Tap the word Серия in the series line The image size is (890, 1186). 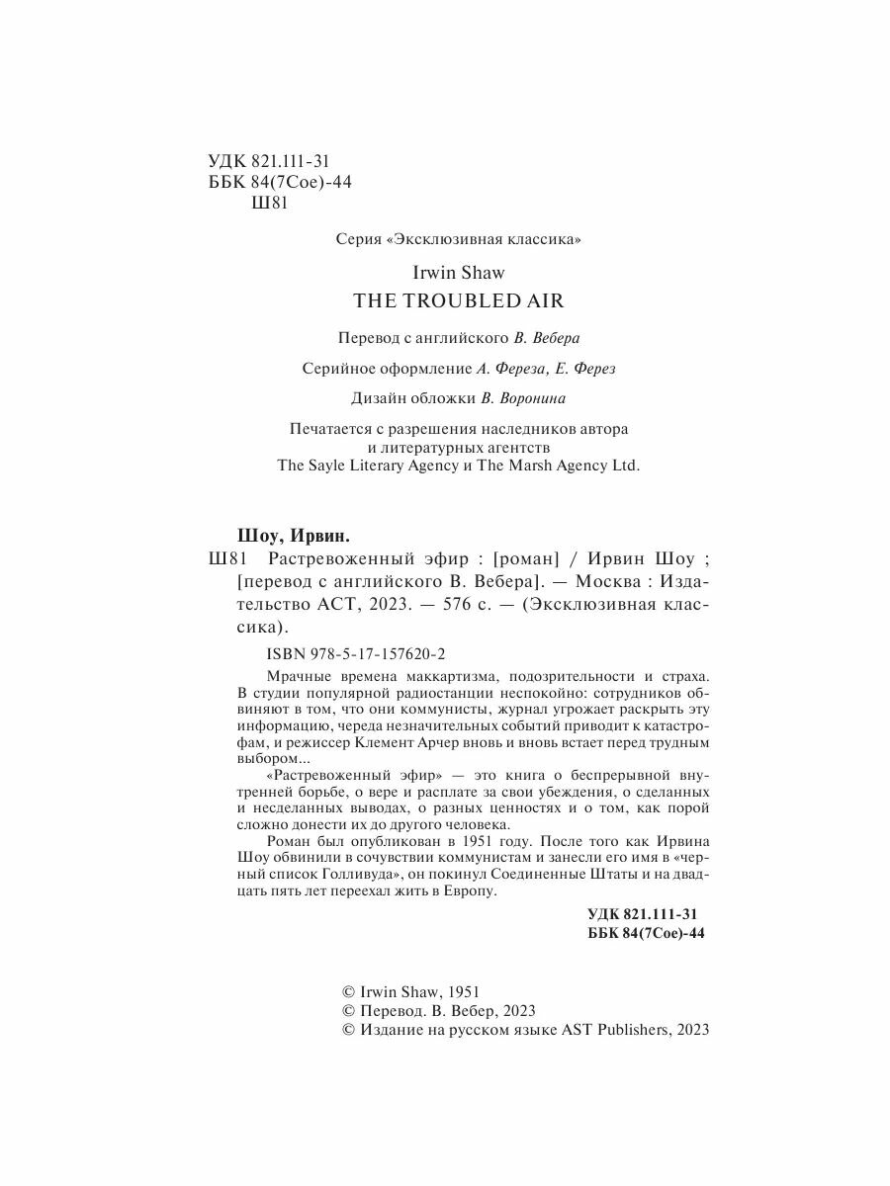tap(358, 239)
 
